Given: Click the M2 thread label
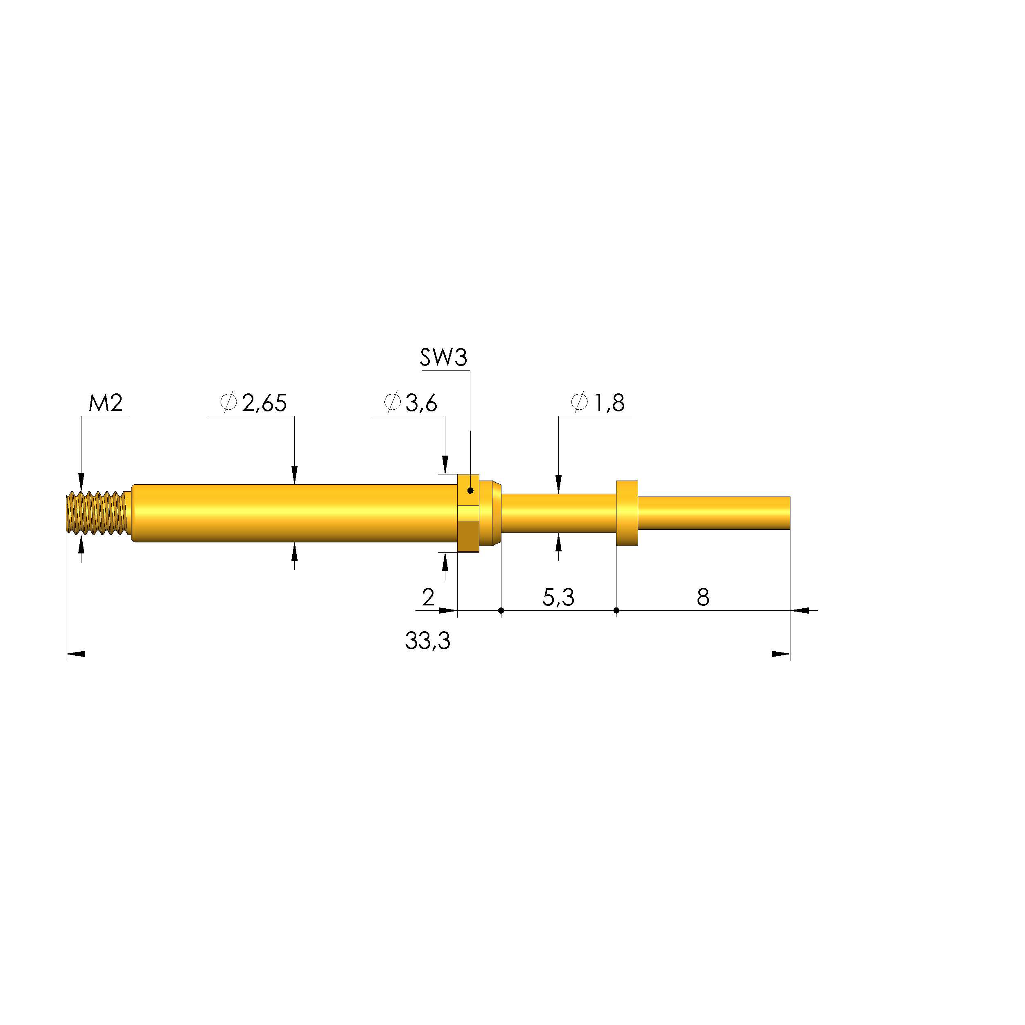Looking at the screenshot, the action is tap(106, 403).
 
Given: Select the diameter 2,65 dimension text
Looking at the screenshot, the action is tap(254, 403).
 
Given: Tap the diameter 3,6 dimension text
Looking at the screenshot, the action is tap(411, 403).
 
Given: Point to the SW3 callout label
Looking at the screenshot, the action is tap(444, 358).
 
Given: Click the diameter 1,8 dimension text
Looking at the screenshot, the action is tap(598, 403).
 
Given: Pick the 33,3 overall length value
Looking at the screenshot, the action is tap(428, 641).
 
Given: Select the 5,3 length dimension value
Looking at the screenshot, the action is tap(558, 597).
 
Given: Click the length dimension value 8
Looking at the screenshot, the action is tap(703, 597).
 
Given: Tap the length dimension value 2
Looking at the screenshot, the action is tap(428, 597).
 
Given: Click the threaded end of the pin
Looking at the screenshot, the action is tap(98, 512).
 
